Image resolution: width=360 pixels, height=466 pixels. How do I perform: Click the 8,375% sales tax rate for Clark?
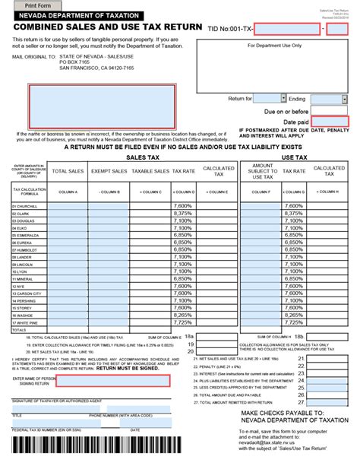(x=182, y=214)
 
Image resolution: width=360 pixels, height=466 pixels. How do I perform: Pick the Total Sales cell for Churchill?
(x=68, y=206)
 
